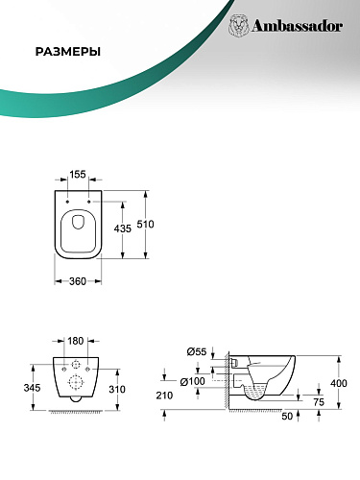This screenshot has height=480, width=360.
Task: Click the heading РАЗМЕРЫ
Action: (x=68, y=52)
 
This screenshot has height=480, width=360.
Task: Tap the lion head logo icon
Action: (x=239, y=26)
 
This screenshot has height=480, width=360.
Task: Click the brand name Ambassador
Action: (x=298, y=26)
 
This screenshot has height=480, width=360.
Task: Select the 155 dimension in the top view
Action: (x=78, y=175)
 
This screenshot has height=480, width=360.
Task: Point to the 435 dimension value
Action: (x=123, y=228)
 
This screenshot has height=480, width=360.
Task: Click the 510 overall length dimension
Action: (x=146, y=225)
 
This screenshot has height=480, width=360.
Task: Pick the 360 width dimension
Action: (x=78, y=281)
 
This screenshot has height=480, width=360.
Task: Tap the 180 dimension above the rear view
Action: (x=76, y=341)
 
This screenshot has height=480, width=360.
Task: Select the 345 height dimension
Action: (x=32, y=388)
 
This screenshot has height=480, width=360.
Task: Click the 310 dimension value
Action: (x=117, y=390)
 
